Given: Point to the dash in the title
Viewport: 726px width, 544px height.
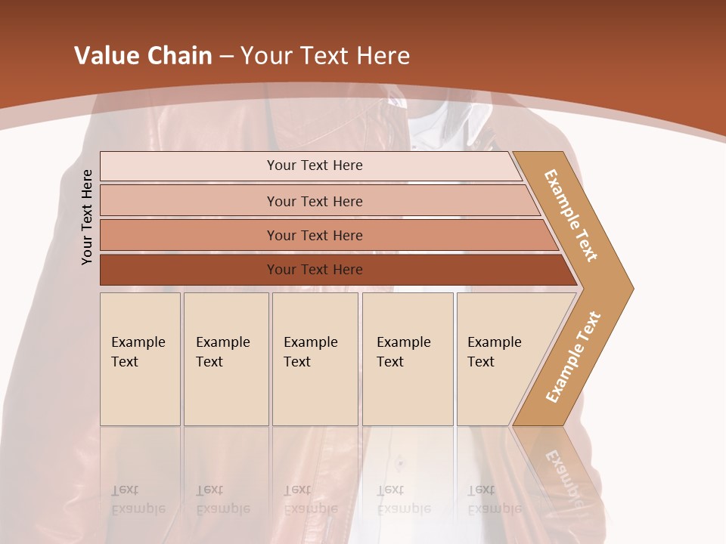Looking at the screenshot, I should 226,57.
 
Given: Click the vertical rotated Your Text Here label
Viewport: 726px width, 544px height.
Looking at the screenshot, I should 87,217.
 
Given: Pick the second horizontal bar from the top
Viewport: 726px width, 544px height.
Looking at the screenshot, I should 314,201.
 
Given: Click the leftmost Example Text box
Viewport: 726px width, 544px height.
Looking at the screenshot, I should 140,359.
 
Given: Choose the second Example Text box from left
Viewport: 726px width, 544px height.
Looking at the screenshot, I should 226,359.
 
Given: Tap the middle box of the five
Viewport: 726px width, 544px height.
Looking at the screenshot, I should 315,359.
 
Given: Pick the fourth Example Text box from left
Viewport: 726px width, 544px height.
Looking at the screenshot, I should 408,359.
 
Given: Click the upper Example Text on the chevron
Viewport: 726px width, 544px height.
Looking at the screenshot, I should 571,215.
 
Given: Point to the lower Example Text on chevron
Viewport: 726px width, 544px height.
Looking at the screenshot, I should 573,357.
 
